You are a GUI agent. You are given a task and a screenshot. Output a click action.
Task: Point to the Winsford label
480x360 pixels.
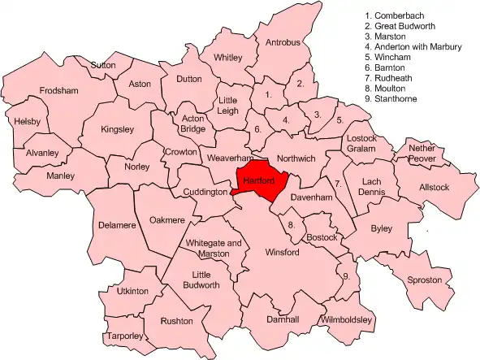click(x=283, y=253)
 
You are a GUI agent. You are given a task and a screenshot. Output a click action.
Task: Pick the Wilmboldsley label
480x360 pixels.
click(x=347, y=320)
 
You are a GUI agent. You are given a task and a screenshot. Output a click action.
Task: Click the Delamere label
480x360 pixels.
click(x=116, y=225)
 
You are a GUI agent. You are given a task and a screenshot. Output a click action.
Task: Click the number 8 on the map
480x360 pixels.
click(x=291, y=224)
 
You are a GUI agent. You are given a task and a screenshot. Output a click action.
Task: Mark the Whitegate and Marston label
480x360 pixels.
click(x=214, y=249)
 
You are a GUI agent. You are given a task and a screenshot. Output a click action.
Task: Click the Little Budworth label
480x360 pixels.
click(x=201, y=280)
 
